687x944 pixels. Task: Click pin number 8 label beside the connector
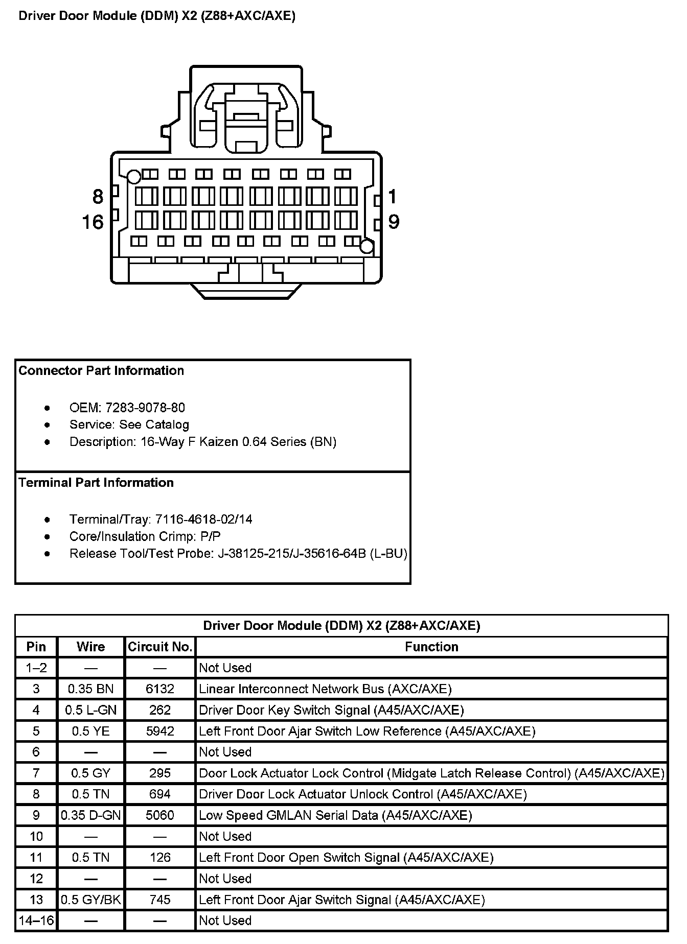pos(98,197)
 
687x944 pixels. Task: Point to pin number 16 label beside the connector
pos(93,222)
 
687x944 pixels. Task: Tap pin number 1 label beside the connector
pos(393,197)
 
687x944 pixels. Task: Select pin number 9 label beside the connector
pos(393,222)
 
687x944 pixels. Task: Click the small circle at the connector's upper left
pos(134,177)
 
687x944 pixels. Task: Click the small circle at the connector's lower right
pos(367,247)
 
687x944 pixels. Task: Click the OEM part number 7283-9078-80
pos(145,408)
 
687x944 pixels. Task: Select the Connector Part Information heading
pos(101,371)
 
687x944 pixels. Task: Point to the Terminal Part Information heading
pos(96,483)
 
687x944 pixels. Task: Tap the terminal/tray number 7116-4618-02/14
pos(203,520)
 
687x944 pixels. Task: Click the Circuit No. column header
pos(160,647)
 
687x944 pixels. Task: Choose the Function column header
pos(431,647)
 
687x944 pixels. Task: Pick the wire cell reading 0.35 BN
pos(91,689)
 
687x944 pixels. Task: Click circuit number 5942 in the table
pos(160,731)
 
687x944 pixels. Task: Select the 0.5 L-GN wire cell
pos(91,710)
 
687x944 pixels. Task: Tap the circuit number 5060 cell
pos(160,815)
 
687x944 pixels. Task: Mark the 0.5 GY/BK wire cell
pos(91,900)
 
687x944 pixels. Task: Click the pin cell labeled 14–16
pos(36,921)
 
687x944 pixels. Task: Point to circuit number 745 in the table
pos(160,900)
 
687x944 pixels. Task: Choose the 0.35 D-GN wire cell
pos(91,815)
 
